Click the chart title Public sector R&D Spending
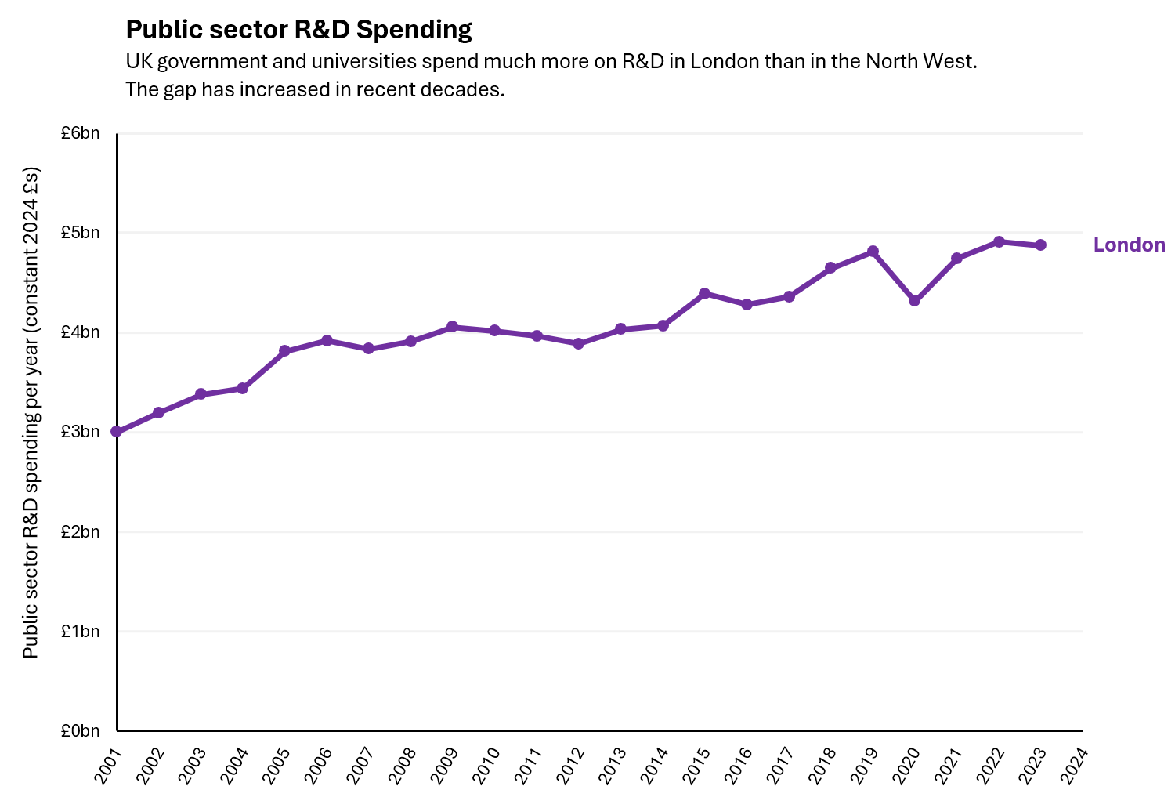(298, 30)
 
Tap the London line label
(1129, 245)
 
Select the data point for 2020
(914, 301)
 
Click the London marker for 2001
(117, 432)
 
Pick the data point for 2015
(704, 293)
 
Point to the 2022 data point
(999, 242)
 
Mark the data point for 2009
(452, 327)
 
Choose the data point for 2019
(873, 252)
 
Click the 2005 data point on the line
(284, 351)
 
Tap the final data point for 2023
(1040, 245)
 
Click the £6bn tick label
(81, 133)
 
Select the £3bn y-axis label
(81, 432)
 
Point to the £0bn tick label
(81, 731)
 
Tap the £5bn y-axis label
(81, 233)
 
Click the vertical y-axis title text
(31, 412)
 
